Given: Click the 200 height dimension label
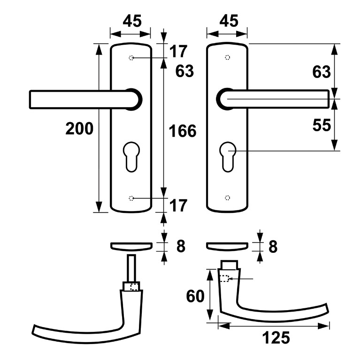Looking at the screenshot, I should pyautogui.click(x=79, y=128).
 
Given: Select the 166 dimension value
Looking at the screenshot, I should pyautogui.click(x=182, y=131).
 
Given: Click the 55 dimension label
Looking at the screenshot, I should pyautogui.click(x=322, y=125).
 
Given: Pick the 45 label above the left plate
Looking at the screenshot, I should pyautogui.click(x=132, y=21).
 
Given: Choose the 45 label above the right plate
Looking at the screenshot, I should pyautogui.click(x=229, y=21).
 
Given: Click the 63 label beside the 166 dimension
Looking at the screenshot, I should pyautogui.click(x=184, y=71).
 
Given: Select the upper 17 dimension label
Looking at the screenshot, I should pyautogui.click(x=179, y=51).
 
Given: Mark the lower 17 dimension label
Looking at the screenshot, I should pyautogui.click(x=179, y=205).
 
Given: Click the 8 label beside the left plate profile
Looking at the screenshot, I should pyautogui.click(x=181, y=246).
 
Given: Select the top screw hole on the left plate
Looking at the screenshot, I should pyautogui.click(x=131, y=58).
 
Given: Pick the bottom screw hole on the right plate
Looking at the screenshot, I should pyautogui.click(x=227, y=197).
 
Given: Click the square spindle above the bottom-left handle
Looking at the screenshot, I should pyautogui.click(x=131, y=268).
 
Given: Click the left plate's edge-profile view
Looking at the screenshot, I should pyautogui.click(x=131, y=245).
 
